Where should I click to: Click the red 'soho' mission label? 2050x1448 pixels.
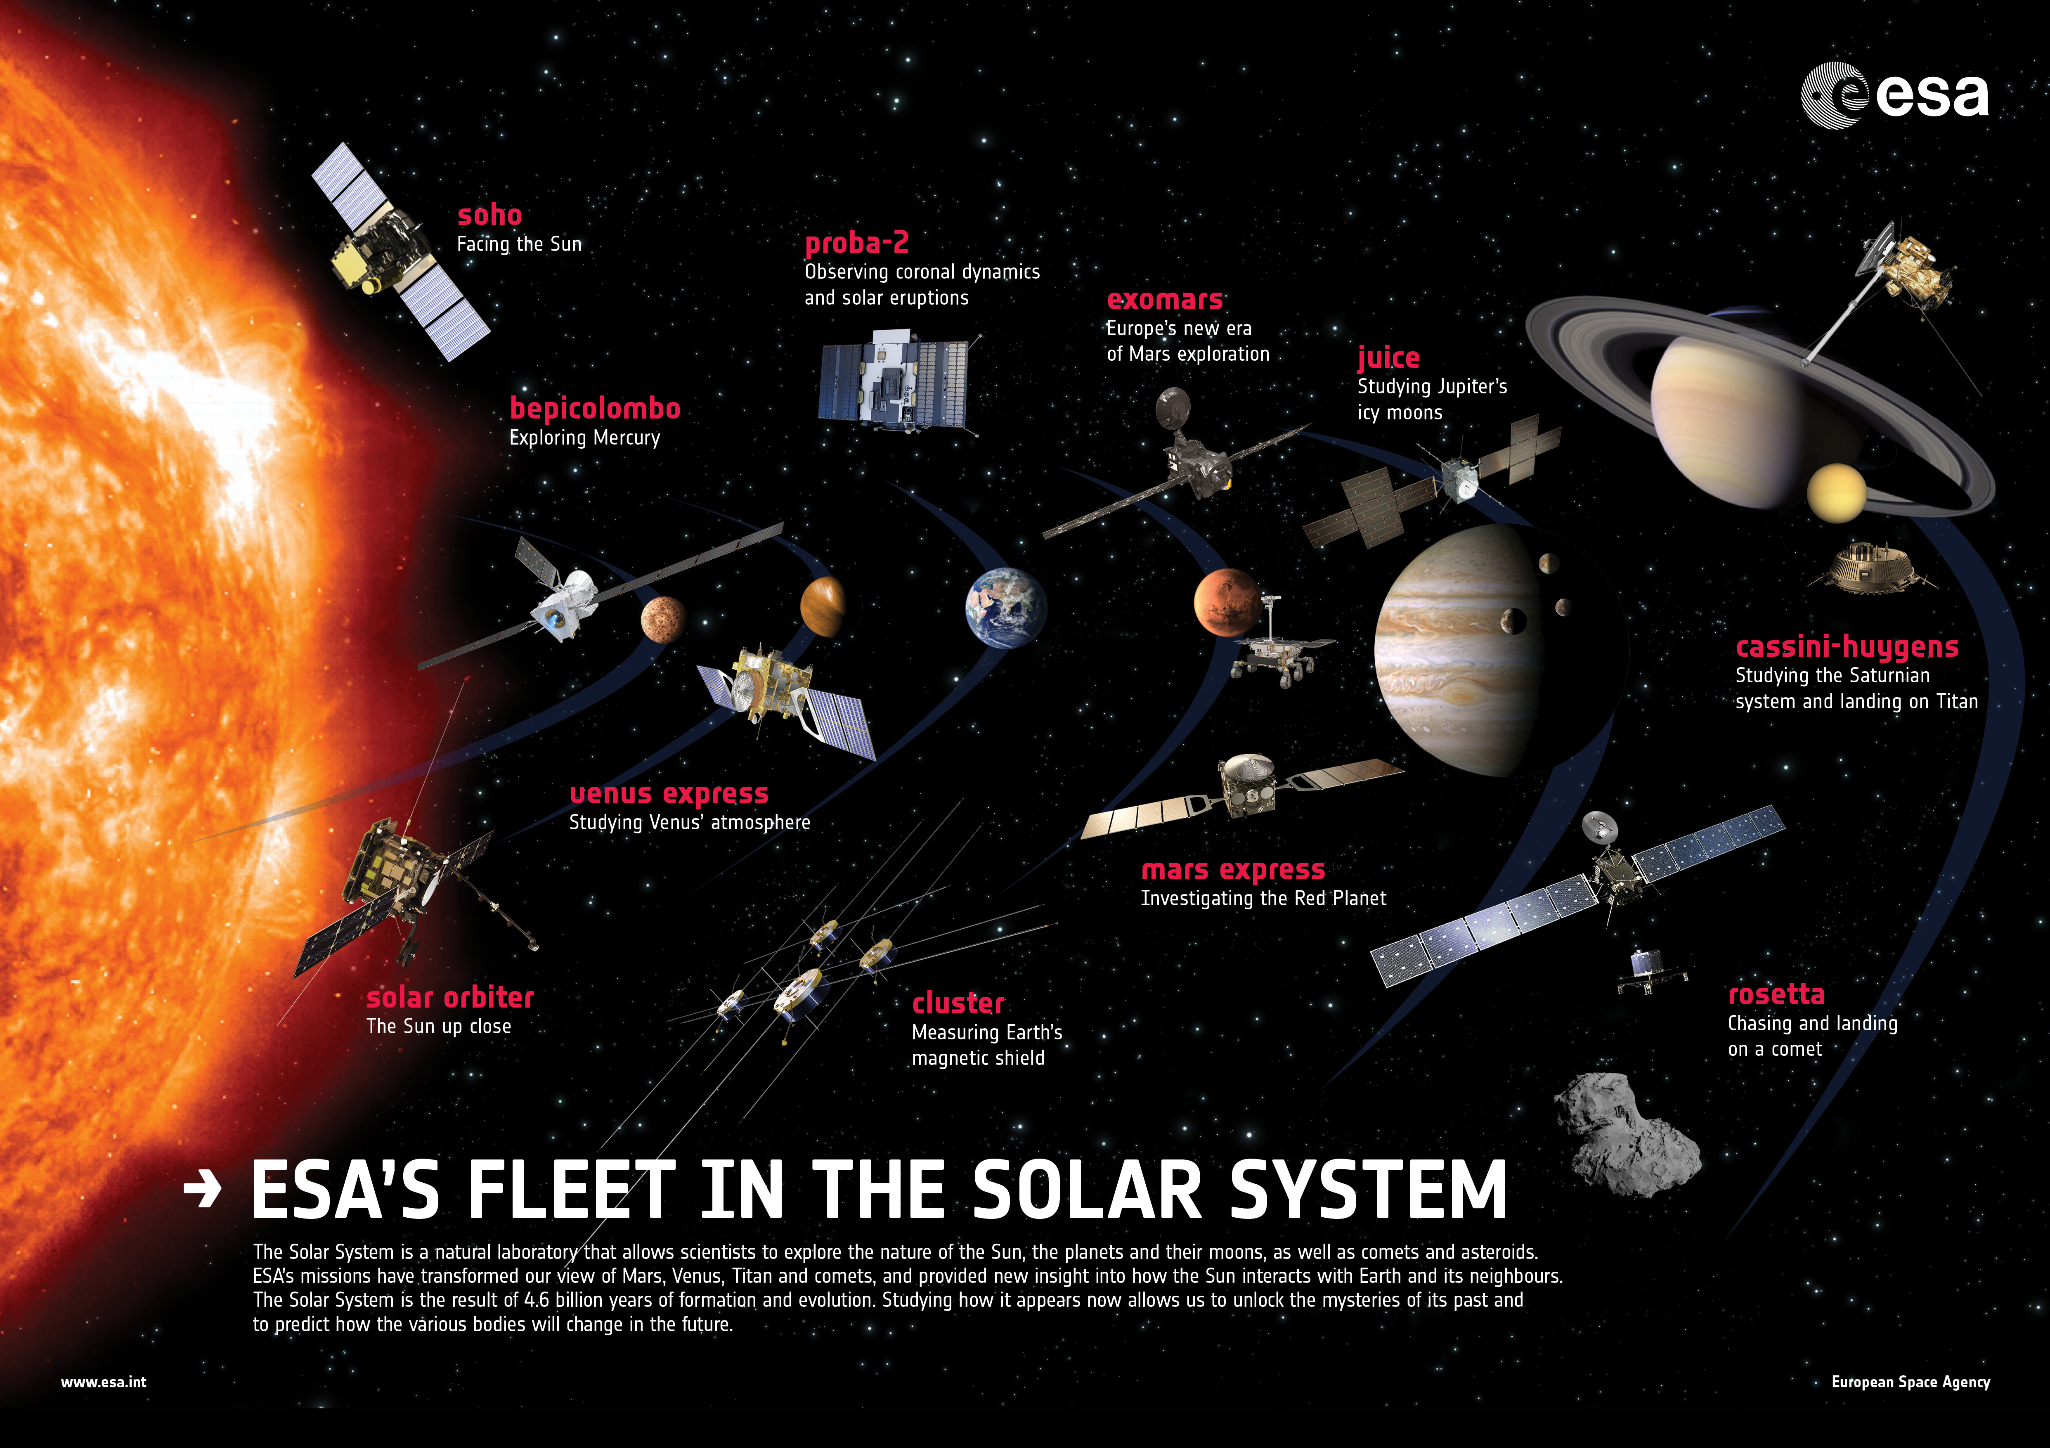click(489, 215)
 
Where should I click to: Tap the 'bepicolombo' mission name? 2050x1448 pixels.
click(595, 409)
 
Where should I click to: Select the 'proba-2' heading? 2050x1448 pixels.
click(856, 243)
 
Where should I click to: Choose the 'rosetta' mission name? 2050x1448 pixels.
click(1776, 994)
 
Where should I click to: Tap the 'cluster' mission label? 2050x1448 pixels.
click(958, 1003)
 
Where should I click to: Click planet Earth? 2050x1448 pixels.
click(1005, 608)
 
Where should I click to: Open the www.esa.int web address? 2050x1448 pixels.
click(104, 1382)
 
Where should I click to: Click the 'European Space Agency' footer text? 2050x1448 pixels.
click(1911, 1382)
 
